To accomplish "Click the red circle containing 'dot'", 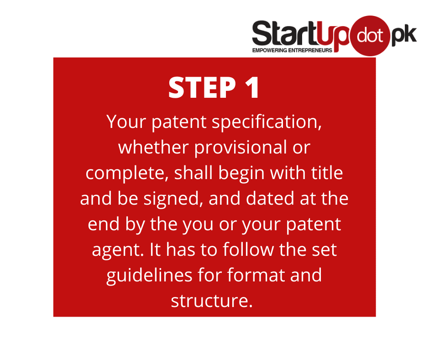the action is pos(370,36).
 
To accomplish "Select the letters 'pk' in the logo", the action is pos(404,35).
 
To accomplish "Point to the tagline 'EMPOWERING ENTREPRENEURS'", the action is pos(292,50).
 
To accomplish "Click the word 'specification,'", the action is pos(267,122).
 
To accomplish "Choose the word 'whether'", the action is pos(153,147).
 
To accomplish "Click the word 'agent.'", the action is pos(118,250).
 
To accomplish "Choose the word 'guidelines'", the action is pos(149,275).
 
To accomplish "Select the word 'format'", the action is pos(256,275).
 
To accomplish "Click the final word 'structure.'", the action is pos(212,301).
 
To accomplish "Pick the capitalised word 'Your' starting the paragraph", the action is pos(126,122).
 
